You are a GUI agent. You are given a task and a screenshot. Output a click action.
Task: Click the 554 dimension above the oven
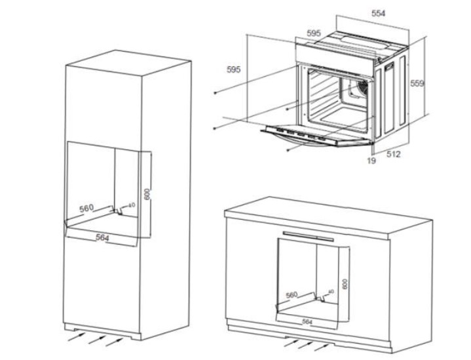click(378, 13)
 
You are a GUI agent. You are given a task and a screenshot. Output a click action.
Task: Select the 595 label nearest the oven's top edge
click(314, 33)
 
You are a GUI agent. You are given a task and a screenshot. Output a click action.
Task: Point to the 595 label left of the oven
click(235, 69)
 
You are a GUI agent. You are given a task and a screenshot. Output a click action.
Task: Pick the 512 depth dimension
click(393, 154)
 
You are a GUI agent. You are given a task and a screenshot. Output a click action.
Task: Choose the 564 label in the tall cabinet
click(102, 237)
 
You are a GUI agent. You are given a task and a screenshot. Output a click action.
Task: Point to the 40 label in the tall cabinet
click(132, 206)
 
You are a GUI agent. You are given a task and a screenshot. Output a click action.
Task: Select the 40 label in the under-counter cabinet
click(331, 292)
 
